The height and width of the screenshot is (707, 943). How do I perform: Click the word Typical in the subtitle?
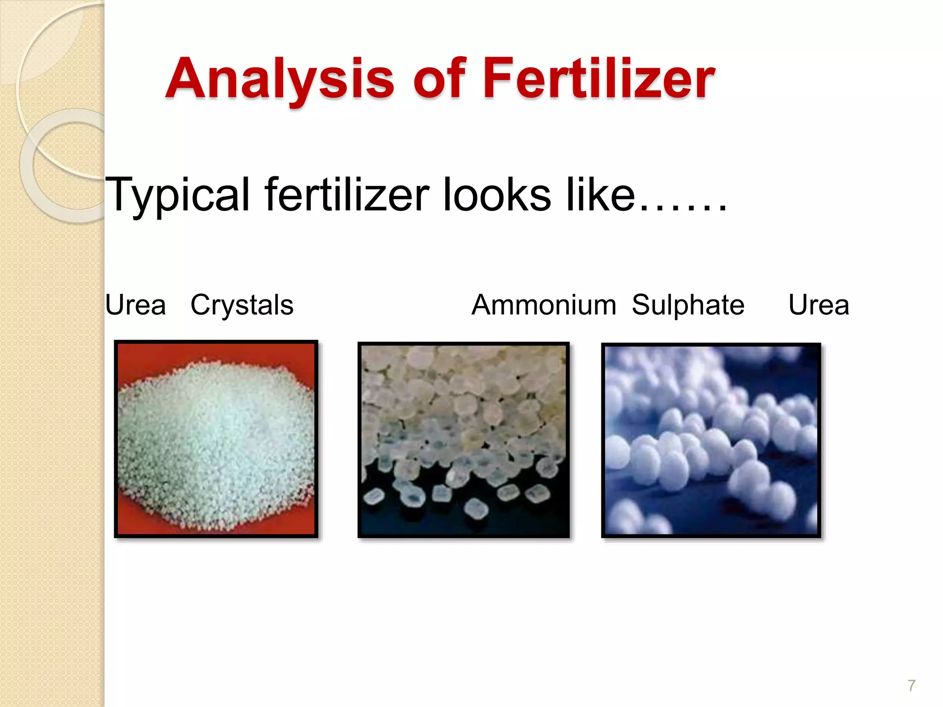coord(178,195)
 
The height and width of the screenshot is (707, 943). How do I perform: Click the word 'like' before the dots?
coord(600,195)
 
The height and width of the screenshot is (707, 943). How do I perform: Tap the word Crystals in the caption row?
coord(242,305)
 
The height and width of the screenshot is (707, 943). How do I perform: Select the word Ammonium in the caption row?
coord(544,305)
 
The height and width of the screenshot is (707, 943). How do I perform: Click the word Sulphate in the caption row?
coord(688,305)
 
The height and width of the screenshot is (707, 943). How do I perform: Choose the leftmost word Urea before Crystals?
coord(135,305)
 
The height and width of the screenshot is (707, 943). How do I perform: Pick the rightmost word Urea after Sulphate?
coord(819,305)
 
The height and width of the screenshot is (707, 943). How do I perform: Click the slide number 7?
coord(911,685)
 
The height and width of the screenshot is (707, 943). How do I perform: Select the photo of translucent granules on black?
coord(464,440)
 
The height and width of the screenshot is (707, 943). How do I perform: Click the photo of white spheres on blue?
coord(711,440)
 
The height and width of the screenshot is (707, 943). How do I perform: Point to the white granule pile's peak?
coord(216,368)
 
